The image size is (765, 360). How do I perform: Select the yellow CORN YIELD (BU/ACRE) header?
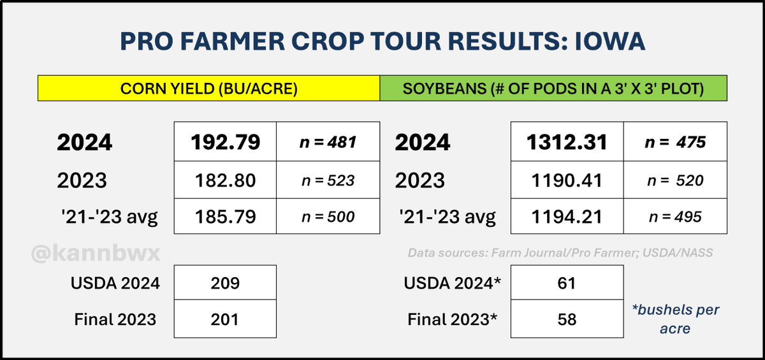(209, 89)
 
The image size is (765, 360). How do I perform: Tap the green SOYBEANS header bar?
(553, 89)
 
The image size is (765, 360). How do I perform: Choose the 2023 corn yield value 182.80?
(225, 180)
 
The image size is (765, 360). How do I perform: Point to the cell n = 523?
(328, 180)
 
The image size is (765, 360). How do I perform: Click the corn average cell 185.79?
(225, 217)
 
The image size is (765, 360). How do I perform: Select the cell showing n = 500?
(328, 217)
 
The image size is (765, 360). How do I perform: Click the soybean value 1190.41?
(567, 180)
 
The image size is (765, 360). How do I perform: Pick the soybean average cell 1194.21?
(567, 217)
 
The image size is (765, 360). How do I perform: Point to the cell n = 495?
(675, 217)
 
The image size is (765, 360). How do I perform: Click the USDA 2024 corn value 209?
(225, 282)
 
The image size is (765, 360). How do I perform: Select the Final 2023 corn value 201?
(225, 319)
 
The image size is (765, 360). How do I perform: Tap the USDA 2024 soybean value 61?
(567, 282)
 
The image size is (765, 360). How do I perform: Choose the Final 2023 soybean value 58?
(567, 319)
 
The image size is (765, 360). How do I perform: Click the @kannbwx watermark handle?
(96, 254)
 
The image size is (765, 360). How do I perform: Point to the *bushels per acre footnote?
(676, 319)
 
